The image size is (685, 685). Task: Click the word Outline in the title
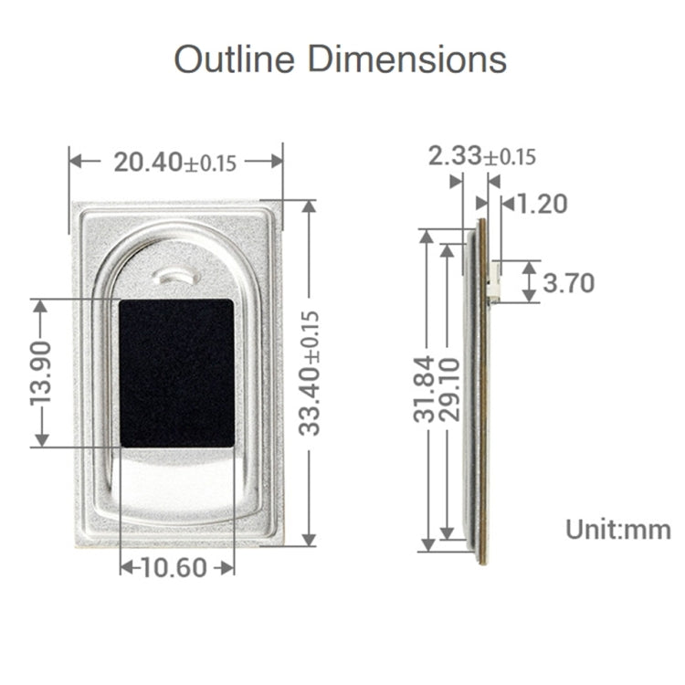(x=235, y=59)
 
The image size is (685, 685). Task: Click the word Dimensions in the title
(x=406, y=59)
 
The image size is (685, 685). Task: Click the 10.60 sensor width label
(x=174, y=567)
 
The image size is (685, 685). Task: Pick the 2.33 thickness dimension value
(x=455, y=156)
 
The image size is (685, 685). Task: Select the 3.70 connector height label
(x=568, y=283)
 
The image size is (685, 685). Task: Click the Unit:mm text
(x=617, y=529)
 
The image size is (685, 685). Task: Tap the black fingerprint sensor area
(x=176, y=373)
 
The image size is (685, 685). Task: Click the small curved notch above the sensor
(x=177, y=274)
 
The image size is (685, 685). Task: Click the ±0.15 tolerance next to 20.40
(x=211, y=163)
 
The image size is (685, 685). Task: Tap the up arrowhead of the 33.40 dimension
(x=309, y=207)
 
